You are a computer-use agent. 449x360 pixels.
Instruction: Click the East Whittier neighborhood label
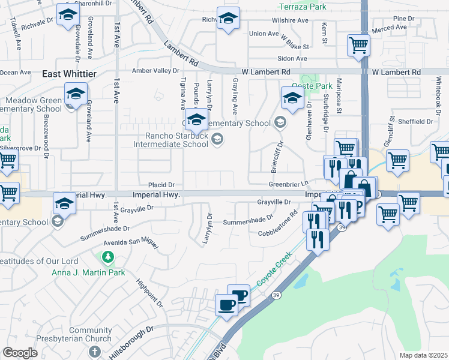pos(69,73)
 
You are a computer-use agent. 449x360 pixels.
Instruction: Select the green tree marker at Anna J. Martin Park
pos(107,258)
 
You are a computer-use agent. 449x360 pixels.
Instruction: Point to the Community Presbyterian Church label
pos(90,335)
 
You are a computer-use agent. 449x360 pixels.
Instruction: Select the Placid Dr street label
pos(162,185)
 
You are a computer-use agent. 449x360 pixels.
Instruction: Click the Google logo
pos(20,353)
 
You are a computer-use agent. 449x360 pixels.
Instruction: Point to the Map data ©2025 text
pos(423,355)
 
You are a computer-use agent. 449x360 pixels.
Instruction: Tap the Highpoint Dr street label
pos(149,293)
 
